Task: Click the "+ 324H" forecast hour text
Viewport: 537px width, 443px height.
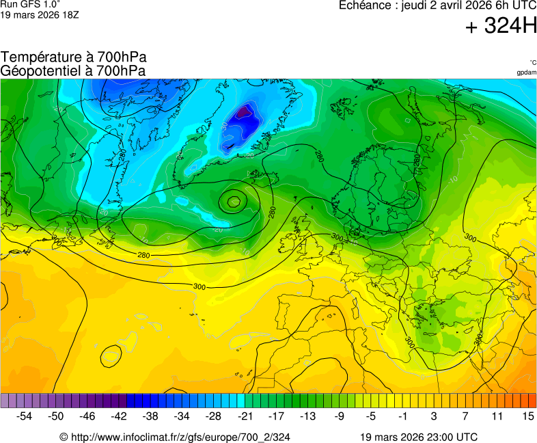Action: pos(501,27)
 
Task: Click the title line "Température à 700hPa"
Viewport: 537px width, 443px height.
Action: pos(74,57)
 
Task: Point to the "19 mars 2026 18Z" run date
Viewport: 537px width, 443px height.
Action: pos(39,14)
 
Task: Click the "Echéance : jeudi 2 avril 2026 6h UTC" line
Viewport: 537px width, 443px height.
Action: pos(437,5)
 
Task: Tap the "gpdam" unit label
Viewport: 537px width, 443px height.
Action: pos(526,72)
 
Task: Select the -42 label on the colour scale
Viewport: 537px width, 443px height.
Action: pos(119,416)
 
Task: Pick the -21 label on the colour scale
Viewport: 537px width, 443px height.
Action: pos(245,416)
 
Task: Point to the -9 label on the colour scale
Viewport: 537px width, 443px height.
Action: pos(339,416)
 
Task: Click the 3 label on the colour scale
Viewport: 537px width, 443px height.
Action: pos(433,416)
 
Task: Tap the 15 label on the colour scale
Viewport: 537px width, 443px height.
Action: pos(527,416)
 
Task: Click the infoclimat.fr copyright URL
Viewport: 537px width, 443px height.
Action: pos(175,437)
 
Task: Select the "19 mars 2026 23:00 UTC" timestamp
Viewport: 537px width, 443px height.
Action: pos(419,437)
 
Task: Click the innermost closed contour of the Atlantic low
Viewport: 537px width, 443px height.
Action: pos(234,201)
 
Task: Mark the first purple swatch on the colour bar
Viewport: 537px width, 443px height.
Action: pos(5,400)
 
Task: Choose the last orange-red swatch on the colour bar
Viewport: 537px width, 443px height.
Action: pos(532,400)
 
